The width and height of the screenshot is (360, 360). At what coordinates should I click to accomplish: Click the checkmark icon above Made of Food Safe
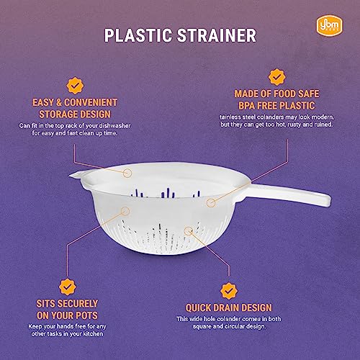pos(274,76)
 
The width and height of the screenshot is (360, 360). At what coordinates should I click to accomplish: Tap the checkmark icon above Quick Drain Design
pos(228,290)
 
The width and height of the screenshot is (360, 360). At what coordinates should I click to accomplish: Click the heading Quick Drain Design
pos(229,308)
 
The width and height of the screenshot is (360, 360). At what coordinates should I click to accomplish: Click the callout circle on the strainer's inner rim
pos(127,174)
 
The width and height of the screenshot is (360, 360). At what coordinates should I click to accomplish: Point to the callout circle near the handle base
pos(211,203)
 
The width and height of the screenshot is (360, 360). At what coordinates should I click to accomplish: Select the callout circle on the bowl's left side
pos(126,212)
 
